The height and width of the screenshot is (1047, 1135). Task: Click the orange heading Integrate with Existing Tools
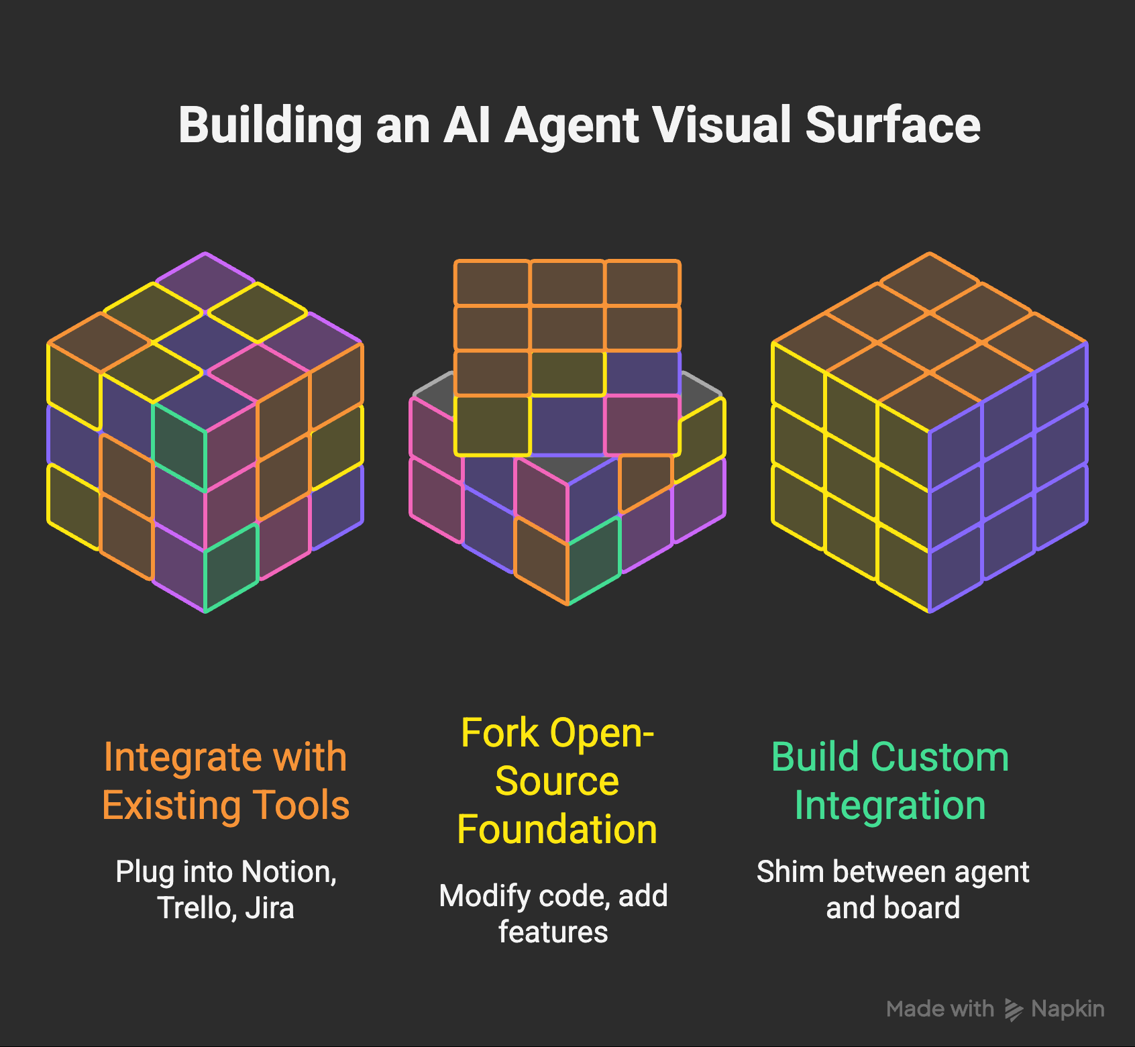point(225,781)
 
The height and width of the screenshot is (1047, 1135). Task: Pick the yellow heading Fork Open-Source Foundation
point(557,781)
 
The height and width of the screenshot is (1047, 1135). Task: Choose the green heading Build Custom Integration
point(890,781)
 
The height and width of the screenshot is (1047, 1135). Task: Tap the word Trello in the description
point(196,908)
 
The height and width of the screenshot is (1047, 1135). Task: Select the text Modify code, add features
point(553,914)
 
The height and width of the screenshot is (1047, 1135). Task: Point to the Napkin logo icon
point(1013,1009)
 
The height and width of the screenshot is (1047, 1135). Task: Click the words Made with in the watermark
point(940,1009)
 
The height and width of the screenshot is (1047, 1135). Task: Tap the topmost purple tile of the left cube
point(205,282)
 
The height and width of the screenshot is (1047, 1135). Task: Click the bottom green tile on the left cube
point(231,567)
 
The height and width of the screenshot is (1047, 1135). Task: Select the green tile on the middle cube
point(594,560)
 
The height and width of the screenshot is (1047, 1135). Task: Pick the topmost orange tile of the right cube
point(930,282)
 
